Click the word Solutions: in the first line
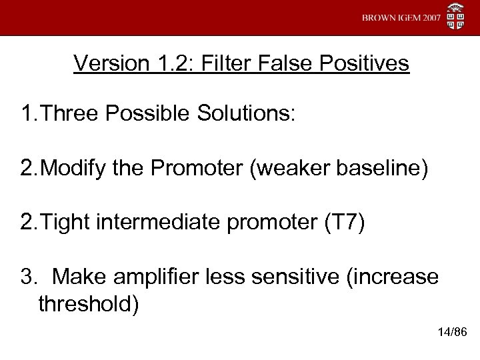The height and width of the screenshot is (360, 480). click(x=251, y=113)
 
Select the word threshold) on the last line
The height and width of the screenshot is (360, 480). click(x=89, y=305)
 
